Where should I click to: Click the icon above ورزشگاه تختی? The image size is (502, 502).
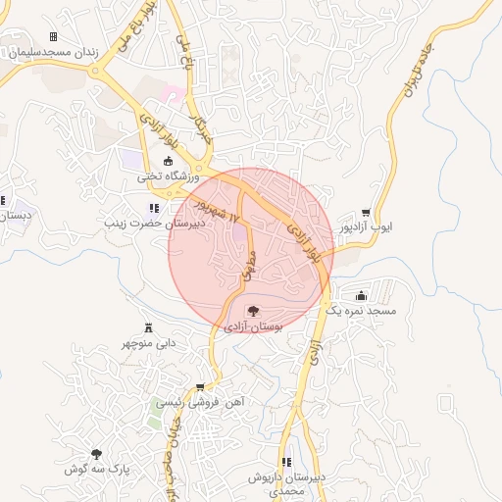click(168, 162)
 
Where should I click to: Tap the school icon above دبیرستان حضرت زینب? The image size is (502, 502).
click(154, 208)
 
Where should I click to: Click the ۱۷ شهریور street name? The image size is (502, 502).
click(216, 207)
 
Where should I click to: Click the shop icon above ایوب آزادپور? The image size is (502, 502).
click(366, 212)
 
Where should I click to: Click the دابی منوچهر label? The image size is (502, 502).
click(149, 343)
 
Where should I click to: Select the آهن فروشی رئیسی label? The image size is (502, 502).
click(201, 403)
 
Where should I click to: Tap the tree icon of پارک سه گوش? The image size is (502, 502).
click(96, 454)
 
